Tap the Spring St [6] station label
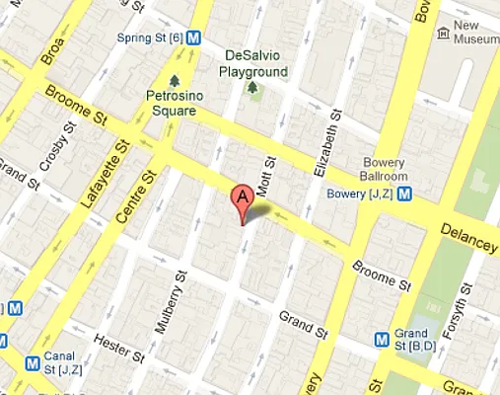pos(148,37)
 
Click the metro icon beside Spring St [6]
pos(195,38)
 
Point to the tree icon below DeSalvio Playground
pos(252,89)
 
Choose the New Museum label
pos(479,33)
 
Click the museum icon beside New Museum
pos(444,34)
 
